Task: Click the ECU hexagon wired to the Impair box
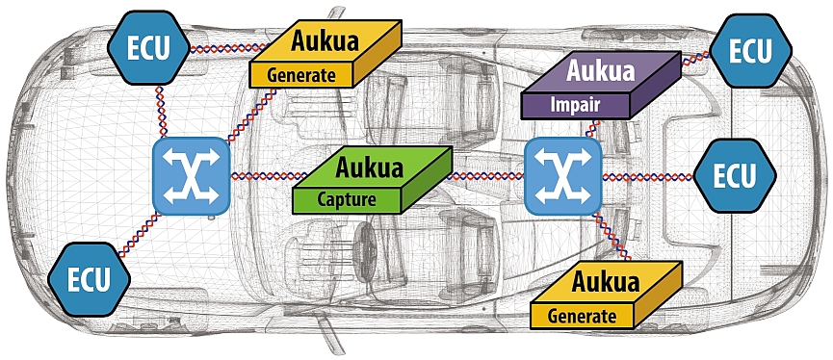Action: click(x=749, y=50)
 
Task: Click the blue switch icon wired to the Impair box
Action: click(x=562, y=175)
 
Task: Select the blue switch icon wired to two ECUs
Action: click(x=190, y=175)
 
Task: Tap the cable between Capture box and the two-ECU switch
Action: click(x=260, y=176)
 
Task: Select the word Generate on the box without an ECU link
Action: click(x=581, y=315)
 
